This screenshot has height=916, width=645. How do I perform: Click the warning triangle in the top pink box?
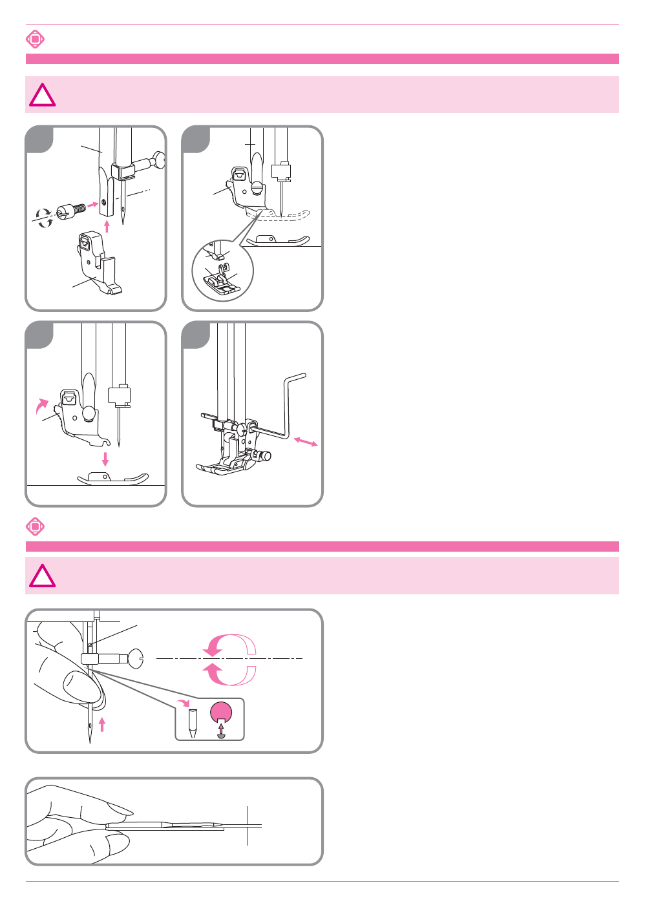(x=43, y=96)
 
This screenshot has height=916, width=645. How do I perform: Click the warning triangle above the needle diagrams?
(x=43, y=576)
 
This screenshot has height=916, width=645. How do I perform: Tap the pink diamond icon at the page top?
(x=35, y=39)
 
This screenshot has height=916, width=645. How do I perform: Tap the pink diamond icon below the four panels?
(x=35, y=526)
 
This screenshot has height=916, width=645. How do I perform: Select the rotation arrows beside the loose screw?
(x=44, y=218)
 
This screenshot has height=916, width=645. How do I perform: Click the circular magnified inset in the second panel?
(x=222, y=271)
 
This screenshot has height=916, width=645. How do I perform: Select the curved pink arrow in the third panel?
(x=42, y=405)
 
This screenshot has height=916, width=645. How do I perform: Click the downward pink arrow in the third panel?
(x=105, y=459)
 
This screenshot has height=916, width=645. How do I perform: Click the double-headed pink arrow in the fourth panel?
(x=305, y=442)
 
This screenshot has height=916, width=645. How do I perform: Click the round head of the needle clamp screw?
(x=136, y=658)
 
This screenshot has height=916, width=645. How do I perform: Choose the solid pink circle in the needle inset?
(x=221, y=711)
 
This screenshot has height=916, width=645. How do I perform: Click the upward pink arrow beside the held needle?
(x=101, y=723)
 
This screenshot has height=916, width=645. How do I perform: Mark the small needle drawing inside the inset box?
(x=192, y=722)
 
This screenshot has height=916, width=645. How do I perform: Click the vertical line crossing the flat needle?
(x=248, y=825)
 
